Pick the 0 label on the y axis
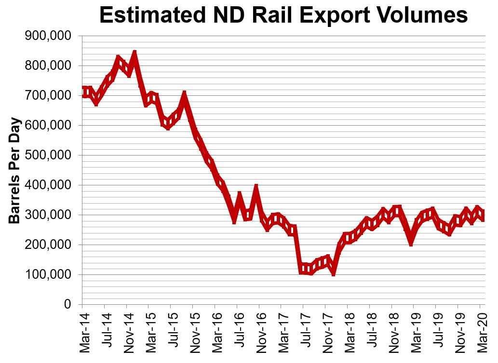tap(67, 305)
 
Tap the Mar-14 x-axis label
tap(82, 332)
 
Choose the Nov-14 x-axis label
tap(127, 332)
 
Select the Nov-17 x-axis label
tap(326, 332)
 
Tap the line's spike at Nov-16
tap(256, 187)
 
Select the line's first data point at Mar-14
tap(83, 92)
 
